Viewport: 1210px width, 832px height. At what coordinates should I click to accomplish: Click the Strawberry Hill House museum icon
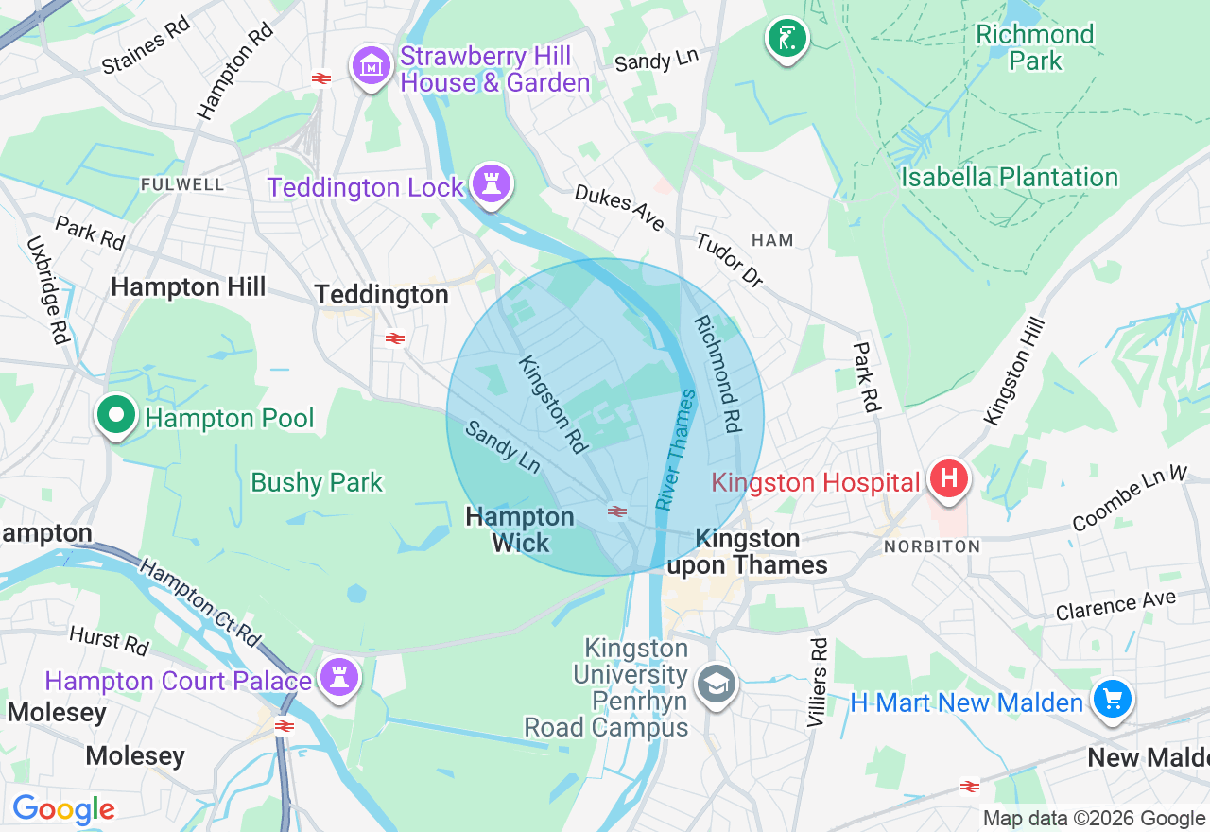point(372,67)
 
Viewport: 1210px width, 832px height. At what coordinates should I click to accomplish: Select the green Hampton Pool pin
point(115,416)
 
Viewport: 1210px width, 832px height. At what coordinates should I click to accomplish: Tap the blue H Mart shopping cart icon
point(1112,700)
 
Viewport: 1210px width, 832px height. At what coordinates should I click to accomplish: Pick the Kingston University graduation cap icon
point(716,685)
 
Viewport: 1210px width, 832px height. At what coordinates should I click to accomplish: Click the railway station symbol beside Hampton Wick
point(617,511)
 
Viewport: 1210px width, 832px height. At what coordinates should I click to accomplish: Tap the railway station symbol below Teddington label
point(395,338)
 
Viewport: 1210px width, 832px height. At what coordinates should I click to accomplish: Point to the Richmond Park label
point(1034,48)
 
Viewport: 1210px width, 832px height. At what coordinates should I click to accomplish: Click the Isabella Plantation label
point(1009,177)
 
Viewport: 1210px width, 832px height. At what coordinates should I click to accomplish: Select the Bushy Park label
point(317,482)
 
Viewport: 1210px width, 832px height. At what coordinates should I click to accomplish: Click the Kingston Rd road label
point(554,402)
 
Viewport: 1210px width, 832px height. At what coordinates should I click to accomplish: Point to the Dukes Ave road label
point(619,207)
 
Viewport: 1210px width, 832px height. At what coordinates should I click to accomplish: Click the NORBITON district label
point(932,546)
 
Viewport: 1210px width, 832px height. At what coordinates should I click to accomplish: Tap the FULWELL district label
point(182,184)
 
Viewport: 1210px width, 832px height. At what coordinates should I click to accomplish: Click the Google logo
point(63,809)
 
